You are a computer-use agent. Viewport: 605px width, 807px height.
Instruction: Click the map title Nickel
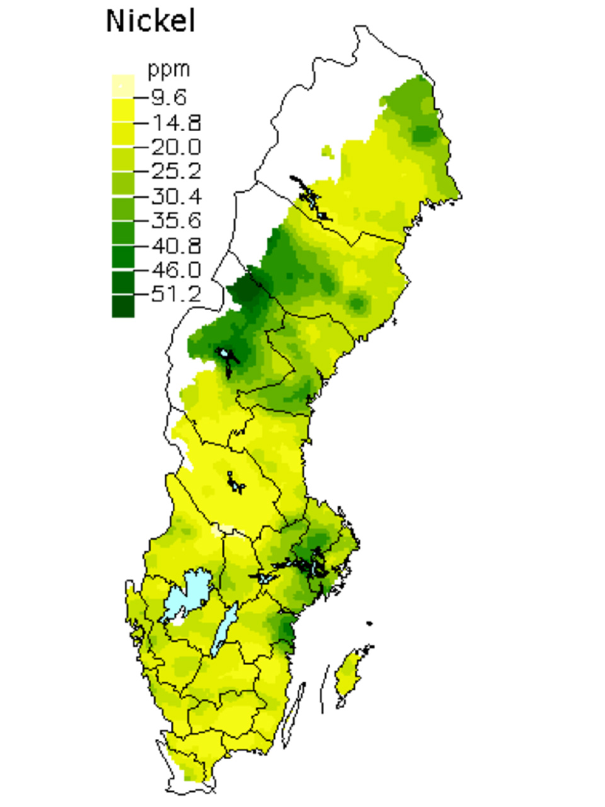click(151, 21)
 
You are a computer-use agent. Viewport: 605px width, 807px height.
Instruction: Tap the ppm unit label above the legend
click(168, 69)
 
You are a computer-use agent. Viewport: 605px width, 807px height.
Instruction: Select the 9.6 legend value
click(168, 97)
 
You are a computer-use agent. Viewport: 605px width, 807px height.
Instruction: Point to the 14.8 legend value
click(176, 122)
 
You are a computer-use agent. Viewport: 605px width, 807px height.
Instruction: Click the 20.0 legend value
click(176, 147)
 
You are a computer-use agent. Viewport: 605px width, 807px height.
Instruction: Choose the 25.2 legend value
click(176, 171)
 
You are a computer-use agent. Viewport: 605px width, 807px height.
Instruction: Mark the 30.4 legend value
click(176, 196)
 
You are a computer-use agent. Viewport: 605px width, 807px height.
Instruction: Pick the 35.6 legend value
click(176, 221)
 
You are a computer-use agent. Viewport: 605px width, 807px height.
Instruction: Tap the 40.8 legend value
click(176, 245)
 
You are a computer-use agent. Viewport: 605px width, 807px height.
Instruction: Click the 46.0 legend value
click(176, 270)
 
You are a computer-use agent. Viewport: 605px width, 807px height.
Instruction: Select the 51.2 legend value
click(176, 294)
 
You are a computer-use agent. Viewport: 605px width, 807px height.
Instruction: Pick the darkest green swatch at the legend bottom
click(123, 306)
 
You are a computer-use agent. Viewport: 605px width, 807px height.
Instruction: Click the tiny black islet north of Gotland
click(369, 624)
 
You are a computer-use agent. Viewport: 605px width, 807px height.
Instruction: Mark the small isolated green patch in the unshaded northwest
click(326, 151)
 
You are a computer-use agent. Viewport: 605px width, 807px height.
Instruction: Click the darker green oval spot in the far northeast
click(423, 134)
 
